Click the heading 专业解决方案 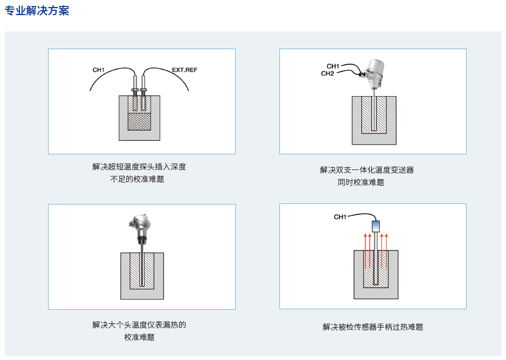pos(37,11)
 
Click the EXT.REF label pos(184,70)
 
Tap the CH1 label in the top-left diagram pos(98,70)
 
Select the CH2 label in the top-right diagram pos(327,73)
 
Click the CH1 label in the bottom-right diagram pos(340,217)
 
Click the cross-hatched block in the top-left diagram pos(139,121)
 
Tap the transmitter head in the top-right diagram pos(373,70)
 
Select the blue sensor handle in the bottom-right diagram pos(376,225)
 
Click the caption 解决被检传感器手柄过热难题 pos(373,327)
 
